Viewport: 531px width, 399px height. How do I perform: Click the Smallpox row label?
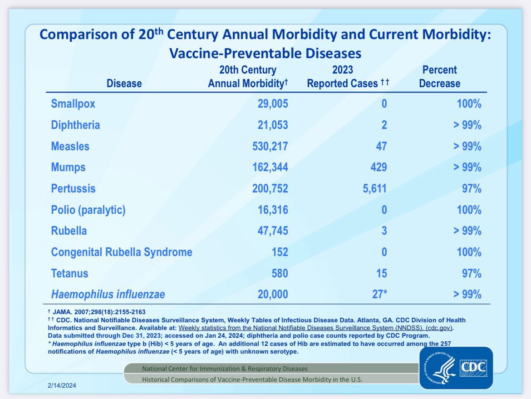tap(73, 104)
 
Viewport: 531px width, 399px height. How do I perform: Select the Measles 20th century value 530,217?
tap(270, 146)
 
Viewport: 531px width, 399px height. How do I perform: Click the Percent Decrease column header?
tap(439, 77)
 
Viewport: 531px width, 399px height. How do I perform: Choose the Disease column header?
tap(124, 84)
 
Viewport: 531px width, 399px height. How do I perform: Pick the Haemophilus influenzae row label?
tap(108, 295)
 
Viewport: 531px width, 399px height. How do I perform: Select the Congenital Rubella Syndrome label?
tap(122, 252)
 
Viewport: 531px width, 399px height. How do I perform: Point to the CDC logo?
tap(455, 368)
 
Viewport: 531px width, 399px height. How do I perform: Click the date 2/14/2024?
tap(62, 386)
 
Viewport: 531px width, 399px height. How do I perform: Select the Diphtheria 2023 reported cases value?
tap(384, 125)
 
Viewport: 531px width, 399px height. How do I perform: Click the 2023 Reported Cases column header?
tap(348, 77)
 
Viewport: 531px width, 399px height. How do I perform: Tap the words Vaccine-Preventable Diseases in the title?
tap(265, 53)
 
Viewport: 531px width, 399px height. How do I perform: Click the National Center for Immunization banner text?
tap(225, 368)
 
